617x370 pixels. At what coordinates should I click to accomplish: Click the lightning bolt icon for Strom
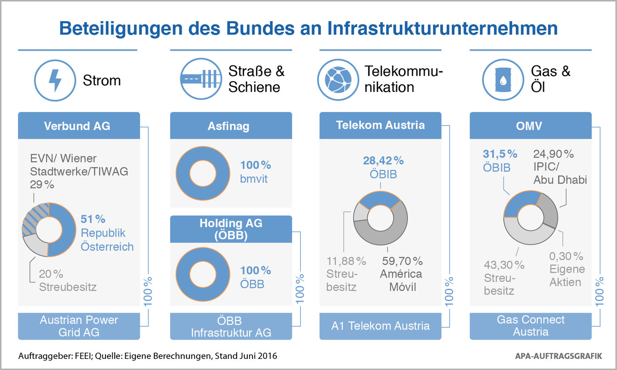click(55, 80)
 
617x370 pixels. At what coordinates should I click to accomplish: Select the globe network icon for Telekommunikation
click(337, 80)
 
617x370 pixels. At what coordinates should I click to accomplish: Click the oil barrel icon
click(503, 80)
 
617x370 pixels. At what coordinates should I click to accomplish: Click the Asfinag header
click(231, 126)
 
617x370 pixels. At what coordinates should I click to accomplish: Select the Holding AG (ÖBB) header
click(231, 229)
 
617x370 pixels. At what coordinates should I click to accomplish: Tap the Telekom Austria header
click(380, 126)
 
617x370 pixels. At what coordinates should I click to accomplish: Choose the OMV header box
click(530, 126)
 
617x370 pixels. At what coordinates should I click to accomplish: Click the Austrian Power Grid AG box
click(79, 326)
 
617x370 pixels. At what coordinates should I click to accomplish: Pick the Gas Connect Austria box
click(530, 326)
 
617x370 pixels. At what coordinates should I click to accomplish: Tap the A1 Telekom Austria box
click(380, 326)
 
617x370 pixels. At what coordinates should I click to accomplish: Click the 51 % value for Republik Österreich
click(93, 219)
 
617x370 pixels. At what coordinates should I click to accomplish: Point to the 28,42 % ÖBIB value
click(383, 160)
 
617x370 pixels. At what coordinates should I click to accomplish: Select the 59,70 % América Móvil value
click(402, 261)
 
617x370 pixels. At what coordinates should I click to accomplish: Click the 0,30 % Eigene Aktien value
click(566, 256)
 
